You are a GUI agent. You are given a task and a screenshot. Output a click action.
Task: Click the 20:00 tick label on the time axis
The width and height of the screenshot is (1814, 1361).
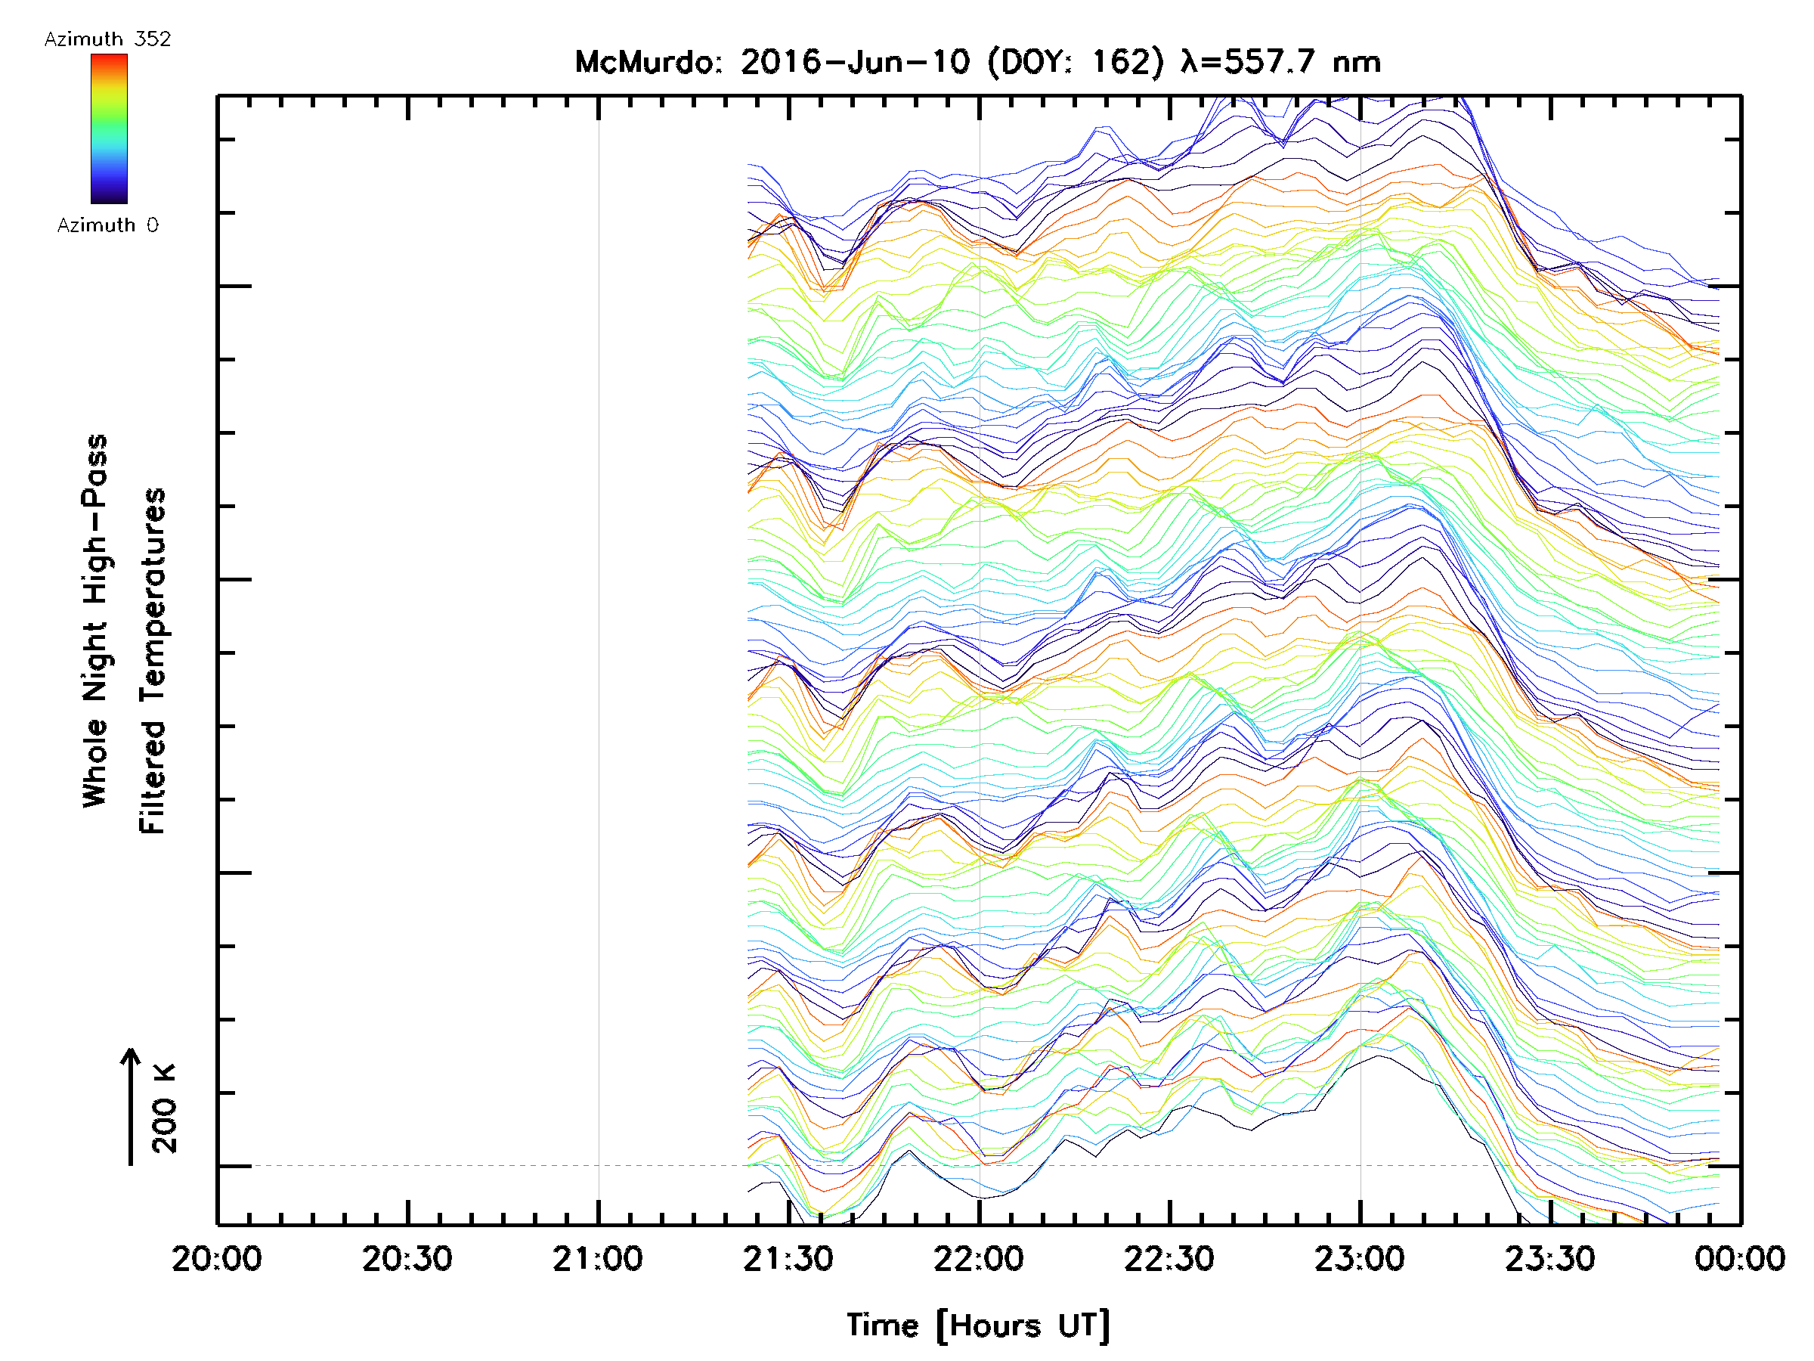(x=216, y=1259)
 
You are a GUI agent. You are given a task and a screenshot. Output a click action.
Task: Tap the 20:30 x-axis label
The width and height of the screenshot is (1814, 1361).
(x=407, y=1259)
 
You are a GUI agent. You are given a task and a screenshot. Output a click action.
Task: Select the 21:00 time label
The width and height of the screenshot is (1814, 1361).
(x=598, y=1259)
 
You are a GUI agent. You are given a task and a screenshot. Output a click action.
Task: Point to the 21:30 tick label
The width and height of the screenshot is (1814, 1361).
(x=788, y=1259)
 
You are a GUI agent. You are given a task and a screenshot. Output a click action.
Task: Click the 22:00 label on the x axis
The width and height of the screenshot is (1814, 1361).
(x=978, y=1259)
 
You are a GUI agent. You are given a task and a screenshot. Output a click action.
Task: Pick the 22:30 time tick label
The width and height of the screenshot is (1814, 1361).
(x=1169, y=1259)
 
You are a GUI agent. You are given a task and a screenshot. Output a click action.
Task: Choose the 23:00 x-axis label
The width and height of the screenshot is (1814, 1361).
(x=1360, y=1259)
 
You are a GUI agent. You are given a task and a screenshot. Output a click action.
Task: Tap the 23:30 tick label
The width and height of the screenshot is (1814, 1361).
(x=1550, y=1259)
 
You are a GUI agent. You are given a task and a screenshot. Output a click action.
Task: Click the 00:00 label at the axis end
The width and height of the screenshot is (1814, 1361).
(x=1740, y=1259)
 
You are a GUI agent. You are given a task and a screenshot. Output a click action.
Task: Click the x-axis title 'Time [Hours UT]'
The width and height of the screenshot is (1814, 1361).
(x=978, y=1325)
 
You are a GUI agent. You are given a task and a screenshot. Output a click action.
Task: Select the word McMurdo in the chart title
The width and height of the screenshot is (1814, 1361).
(x=648, y=62)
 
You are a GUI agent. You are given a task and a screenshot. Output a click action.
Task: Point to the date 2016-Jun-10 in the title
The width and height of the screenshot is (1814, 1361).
(x=855, y=62)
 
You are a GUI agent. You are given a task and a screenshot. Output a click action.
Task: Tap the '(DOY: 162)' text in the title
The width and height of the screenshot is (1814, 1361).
(x=1075, y=62)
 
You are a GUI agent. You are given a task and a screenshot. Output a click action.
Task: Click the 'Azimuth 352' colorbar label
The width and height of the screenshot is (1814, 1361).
(x=107, y=39)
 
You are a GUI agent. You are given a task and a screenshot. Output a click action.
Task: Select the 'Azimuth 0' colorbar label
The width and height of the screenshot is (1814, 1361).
(x=107, y=225)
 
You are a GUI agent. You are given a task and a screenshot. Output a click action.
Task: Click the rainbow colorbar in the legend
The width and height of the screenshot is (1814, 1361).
(x=109, y=129)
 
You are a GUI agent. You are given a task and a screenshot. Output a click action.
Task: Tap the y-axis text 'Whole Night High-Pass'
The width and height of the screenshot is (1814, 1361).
(x=95, y=621)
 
